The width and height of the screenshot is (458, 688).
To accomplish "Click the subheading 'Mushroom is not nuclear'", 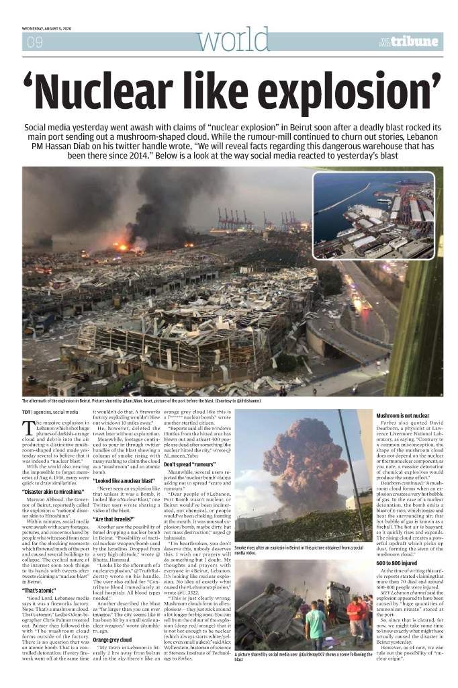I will coord(403,415).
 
